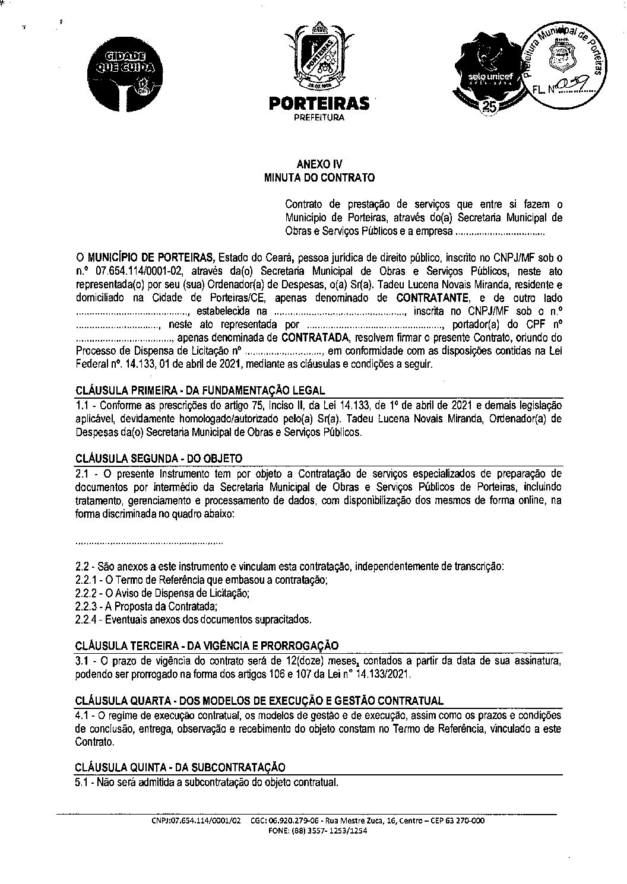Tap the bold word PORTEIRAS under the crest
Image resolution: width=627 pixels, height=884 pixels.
point(319,104)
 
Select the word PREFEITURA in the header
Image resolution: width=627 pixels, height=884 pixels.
point(319,117)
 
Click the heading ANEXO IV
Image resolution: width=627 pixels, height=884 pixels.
point(319,164)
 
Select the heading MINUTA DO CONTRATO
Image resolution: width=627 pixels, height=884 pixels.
point(319,177)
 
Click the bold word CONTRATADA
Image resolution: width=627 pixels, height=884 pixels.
point(315,338)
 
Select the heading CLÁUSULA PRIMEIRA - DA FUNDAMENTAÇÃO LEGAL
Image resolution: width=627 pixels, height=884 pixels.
point(201,390)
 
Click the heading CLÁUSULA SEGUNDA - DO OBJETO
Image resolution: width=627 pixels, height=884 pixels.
point(159,459)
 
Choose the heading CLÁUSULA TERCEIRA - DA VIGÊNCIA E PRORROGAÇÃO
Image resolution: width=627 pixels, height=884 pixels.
point(207,645)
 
